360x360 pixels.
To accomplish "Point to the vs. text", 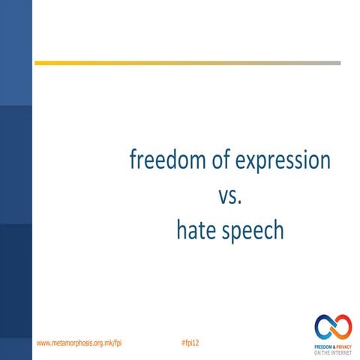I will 230,196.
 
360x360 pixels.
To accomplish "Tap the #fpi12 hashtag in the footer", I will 190,342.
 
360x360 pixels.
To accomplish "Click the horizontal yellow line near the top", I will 150,63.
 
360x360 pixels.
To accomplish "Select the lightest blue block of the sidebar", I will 16,52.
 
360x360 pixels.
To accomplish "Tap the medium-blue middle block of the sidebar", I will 16,165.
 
